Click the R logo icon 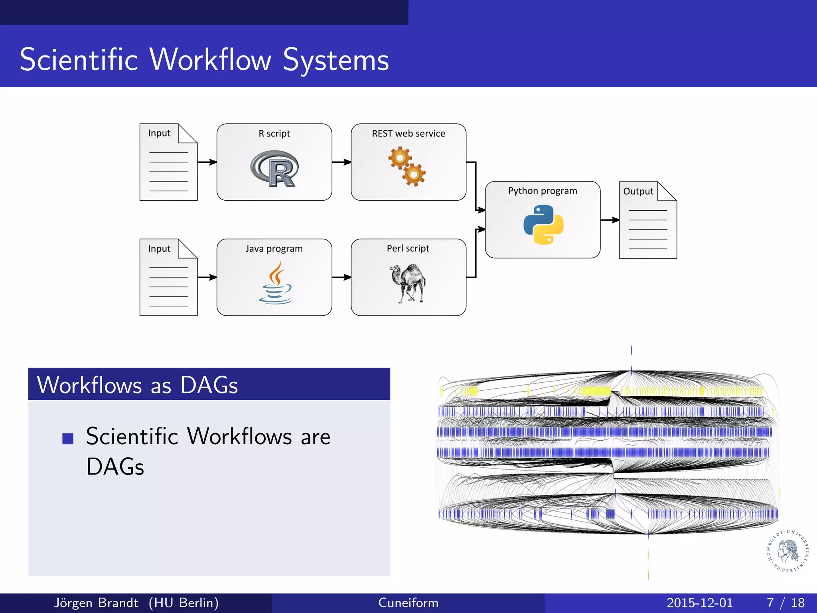[274, 168]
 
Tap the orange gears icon [407, 166]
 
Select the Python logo [543, 224]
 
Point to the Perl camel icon [408, 283]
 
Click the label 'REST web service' [408, 134]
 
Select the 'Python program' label [543, 191]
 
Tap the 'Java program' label [274, 249]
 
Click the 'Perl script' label [408, 248]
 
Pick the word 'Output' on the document [638, 192]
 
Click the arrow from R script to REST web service [341, 162]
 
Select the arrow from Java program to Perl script [341, 277]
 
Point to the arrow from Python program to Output [610, 219]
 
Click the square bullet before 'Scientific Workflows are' [68, 439]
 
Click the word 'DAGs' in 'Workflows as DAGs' [209, 385]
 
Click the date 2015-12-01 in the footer [700, 603]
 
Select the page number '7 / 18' [785, 603]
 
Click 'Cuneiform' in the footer [408, 603]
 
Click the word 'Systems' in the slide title [336, 60]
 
